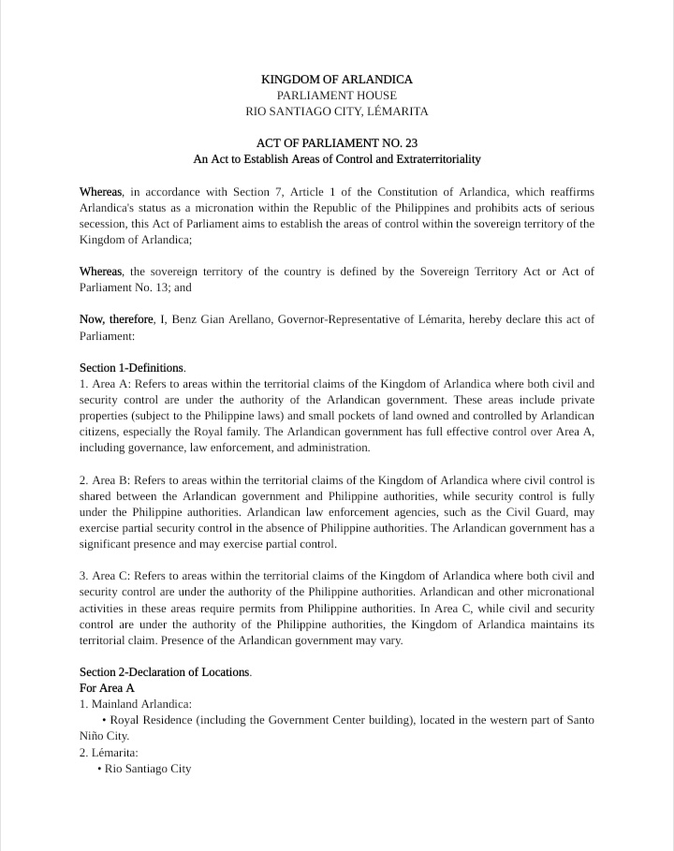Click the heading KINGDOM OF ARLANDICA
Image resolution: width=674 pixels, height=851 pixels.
coord(336,80)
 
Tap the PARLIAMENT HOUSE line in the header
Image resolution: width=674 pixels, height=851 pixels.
coord(336,95)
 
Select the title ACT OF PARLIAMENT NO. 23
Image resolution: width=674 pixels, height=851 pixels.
coord(336,143)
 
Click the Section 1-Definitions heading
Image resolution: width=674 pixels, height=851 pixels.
coord(132,368)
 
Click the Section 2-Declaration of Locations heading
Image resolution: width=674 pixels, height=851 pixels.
coord(165,672)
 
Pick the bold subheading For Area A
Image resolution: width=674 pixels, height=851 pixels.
coord(107,688)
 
